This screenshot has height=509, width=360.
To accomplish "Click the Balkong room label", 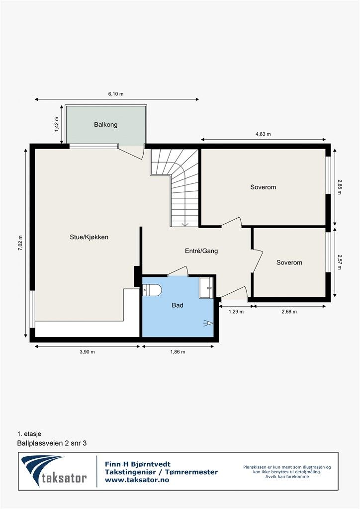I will coord(105,125).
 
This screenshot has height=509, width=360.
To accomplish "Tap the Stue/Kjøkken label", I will coord(89,237).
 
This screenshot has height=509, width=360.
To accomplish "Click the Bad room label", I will coord(178,305).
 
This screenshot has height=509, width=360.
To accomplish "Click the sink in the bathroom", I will coord(206,288).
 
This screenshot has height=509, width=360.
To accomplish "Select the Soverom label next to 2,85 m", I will coord(263,187).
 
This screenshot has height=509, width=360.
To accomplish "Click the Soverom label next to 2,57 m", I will coord(289,262).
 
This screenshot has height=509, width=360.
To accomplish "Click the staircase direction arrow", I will coord(184,224).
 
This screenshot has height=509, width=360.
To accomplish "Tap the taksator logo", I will coord(55,471).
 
